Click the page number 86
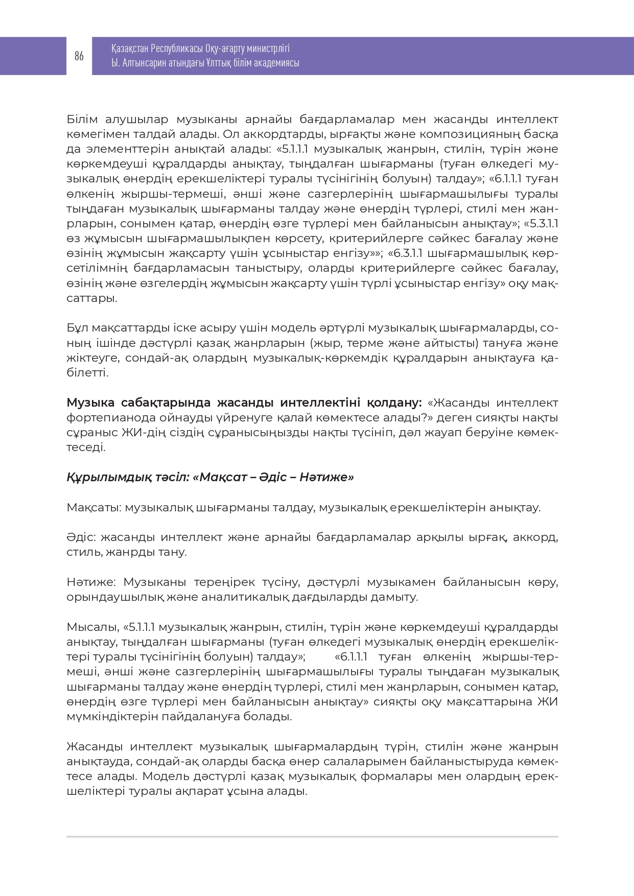pyautogui.click(x=79, y=56)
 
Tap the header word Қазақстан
pyautogui.click(x=130, y=49)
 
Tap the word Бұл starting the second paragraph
pyautogui.click(x=77, y=328)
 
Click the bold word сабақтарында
pyautogui.click(x=163, y=403)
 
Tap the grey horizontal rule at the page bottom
pyautogui.click(x=312, y=837)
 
